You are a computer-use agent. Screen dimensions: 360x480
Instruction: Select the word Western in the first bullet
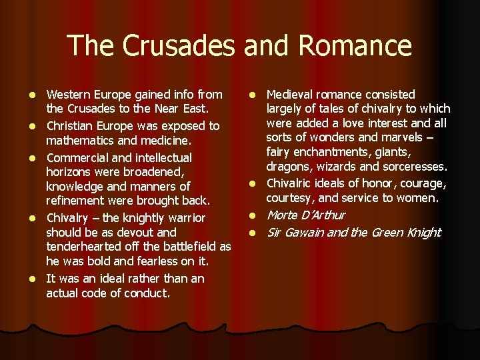click(x=70, y=95)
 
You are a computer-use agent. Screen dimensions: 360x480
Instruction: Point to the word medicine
click(x=167, y=140)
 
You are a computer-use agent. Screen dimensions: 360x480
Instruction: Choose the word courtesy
click(x=291, y=198)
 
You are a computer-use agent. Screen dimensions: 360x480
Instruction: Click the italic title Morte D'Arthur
click(x=306, y=215)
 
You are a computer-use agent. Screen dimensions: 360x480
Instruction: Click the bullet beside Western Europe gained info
click(x=35, y=95)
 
